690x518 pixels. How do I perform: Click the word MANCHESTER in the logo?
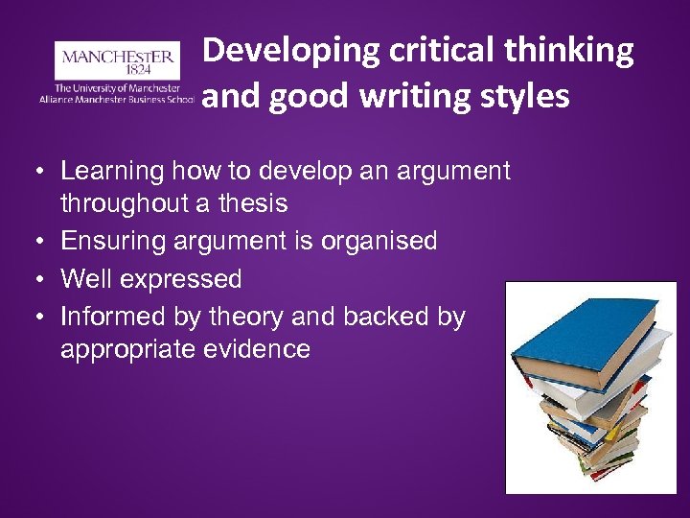tap(118, 57)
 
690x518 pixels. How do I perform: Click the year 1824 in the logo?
tap(117, 71)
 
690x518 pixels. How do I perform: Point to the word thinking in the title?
tap(573, 51)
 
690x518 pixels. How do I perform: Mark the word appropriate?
tap(129, 348)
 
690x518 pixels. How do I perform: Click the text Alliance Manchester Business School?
tap(116, 99)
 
